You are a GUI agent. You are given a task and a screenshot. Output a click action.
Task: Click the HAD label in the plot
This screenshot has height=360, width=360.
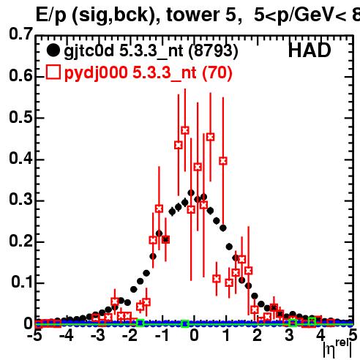click(310, 50)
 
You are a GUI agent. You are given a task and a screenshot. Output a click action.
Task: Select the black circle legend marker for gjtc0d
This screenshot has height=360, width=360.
click(53, 50)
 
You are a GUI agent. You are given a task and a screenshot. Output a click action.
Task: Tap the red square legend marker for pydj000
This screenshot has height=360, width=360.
click(53, 72)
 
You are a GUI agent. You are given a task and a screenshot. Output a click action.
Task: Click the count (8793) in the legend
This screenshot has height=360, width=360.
click(213, 51)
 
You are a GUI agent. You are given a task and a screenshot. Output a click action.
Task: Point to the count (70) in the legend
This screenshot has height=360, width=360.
click(217, 73)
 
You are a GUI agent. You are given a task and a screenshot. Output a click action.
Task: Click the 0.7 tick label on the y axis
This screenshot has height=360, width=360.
click(20, 34)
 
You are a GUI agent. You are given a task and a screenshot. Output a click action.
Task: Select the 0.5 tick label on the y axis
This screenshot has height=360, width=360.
click(20, 117)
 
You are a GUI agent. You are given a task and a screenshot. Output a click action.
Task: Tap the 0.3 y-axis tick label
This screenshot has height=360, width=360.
click(20, 200)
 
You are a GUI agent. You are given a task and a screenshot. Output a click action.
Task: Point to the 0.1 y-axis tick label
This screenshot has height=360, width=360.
click(21, 282)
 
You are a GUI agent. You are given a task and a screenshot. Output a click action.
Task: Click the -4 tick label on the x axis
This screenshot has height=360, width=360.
click(67, 336)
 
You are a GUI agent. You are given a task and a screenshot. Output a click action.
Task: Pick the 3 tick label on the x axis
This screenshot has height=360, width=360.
click(289, 336)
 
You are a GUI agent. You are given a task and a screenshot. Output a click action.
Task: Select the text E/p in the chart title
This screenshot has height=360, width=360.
click(51, 15)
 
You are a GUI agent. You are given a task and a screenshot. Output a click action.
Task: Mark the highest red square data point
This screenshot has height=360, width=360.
click(185, 130)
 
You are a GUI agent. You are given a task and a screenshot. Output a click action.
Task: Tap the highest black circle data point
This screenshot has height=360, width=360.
click(191, 193)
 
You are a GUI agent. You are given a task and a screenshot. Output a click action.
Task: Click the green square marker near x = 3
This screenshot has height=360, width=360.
click(293, 323)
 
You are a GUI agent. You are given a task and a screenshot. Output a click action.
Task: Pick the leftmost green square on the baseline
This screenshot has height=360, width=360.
click(140, 323)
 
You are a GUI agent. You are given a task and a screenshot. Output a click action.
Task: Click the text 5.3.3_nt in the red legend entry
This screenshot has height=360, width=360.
click(165, 73)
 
